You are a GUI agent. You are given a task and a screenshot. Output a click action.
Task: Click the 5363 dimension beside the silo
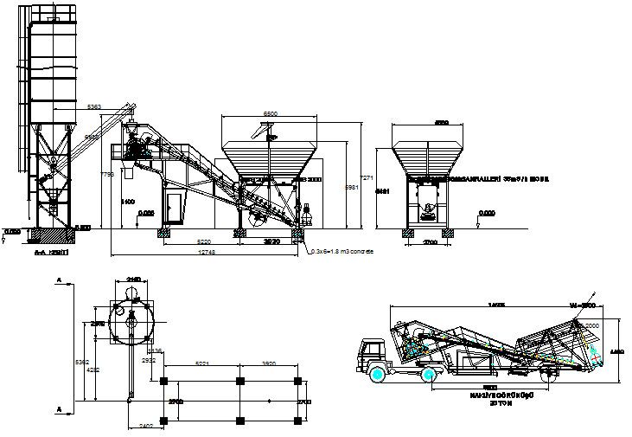click(94, 106)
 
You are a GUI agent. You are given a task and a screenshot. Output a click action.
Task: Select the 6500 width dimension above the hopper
click(269, 113)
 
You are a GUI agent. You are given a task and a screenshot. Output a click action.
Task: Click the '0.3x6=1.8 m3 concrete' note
click(344, 251)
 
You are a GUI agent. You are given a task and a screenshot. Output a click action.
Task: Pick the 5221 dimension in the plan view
click(201, 364)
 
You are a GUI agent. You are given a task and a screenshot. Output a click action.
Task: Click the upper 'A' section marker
click(57, 280)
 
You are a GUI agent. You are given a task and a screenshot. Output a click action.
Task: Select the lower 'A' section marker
click(57, 406)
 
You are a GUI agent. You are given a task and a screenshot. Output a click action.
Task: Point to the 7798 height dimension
click(107, 175)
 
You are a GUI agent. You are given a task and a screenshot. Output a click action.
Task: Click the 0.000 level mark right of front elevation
click(487, 213)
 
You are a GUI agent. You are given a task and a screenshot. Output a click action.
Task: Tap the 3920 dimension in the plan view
click(268, 364)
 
